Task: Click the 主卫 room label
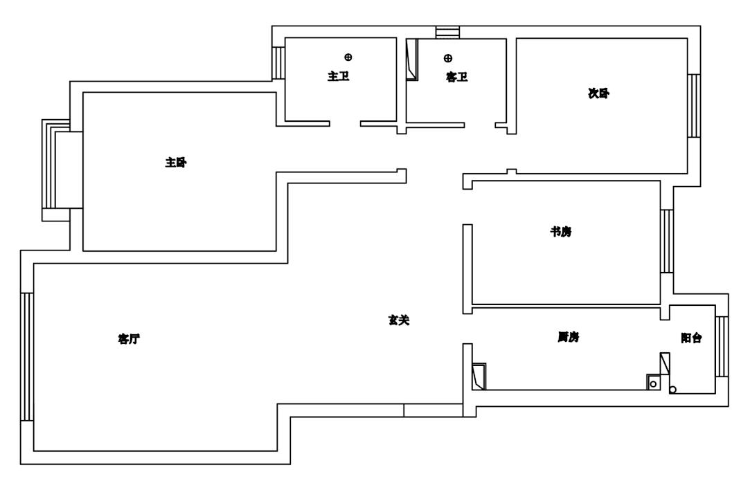tap(338, 76)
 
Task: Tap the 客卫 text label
tap(456, 78)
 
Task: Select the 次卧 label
tap(598, 93)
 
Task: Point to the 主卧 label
tap(176, 163)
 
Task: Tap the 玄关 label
tap(398, 320)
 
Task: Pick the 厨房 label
tap(568, 337)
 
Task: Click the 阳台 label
tap(691, 338)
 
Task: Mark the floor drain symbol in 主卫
tap(348, 57)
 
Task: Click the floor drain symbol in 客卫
tap(448, 58)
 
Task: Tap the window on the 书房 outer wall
tap(666, 240)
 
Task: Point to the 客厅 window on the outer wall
tap(26, 356)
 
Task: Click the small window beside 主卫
tap(278, 62)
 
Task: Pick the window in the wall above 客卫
tap(447, 32)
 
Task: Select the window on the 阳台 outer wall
tap(722, 346)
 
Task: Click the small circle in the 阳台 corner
tap(672, 390)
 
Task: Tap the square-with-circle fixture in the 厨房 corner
tap(652, 382)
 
